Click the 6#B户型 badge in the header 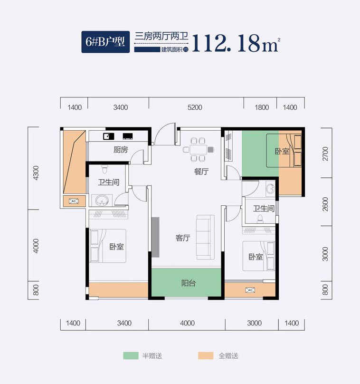pos(105,42)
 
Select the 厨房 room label pos(121,150)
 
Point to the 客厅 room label pos(183,238)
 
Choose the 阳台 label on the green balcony pos(189,284)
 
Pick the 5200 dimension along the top pos(195,107)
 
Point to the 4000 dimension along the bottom pos(188,323)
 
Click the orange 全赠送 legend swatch pos(206,355)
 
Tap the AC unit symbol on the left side pos(74,201)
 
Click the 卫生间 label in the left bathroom pos(108,182)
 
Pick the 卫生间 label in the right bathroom pos(264,208)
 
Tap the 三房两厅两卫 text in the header pos(162,36)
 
